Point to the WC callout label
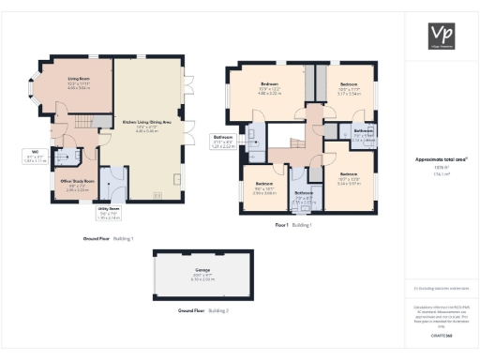pos(35,157)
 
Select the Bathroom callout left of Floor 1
pos(223,143)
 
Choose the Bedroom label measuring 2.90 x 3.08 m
pos(264,187)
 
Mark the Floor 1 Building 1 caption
pos(292,226)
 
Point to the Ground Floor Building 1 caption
pos(108,239)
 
